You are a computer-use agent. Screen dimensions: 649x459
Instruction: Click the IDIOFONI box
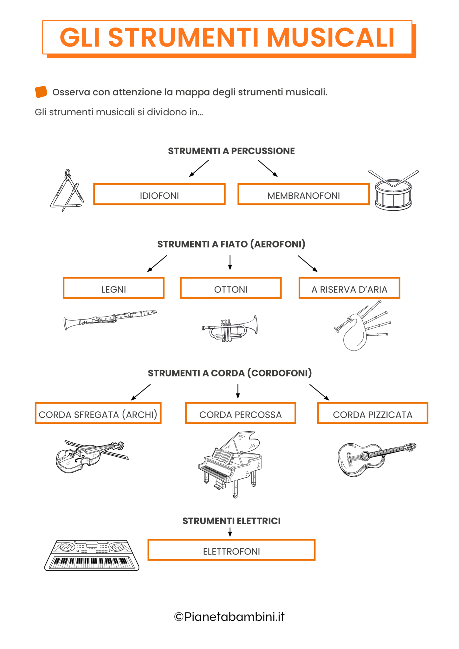pos(159,194)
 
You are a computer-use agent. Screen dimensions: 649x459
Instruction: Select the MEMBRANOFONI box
pos(303,194)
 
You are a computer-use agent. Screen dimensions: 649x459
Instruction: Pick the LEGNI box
pos(113,288)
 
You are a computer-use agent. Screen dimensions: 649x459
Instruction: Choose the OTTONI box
pos(230,288)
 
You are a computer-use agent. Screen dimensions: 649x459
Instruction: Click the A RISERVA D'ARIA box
pos(349,288)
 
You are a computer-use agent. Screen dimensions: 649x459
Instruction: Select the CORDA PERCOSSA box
pos(240,413)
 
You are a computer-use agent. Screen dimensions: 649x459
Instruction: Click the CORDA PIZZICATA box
pos(372,413)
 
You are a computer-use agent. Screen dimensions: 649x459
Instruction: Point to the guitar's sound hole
pos(365,456)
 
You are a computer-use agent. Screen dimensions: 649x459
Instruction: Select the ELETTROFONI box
pos(231,550)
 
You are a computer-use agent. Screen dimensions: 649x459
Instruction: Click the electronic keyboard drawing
pos(92,555)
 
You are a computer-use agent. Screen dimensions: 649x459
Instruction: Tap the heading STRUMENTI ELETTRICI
pos(231,521)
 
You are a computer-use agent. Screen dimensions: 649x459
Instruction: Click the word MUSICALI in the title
pos(331,37)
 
